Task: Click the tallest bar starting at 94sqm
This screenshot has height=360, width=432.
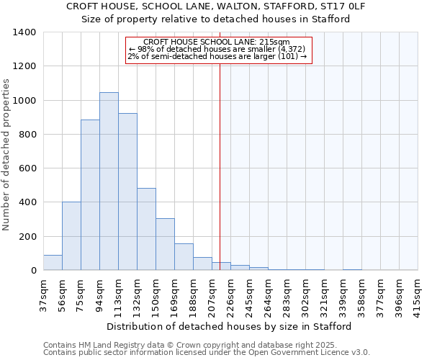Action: [x=109, y=181]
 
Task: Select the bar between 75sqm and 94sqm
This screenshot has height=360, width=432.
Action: [x=90, y=195]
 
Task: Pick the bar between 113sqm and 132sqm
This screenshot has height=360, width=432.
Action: [x=127, y=192]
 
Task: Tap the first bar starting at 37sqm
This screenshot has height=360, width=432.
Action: [x=53, y=263]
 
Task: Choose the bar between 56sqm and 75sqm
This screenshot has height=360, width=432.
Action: [x=71, y=236]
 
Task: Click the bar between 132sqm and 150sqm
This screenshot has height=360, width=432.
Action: [x=146, y=229]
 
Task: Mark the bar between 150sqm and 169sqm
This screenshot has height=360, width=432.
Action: [x=165, y=244]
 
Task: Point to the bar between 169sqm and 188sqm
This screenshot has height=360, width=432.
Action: [x=184, y=257]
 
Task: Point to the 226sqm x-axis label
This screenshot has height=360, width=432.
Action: [x=231, y=294]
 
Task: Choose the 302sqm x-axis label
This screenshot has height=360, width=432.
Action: [x=306, y=294]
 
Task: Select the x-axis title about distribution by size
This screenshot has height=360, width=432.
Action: [x=230, y=326]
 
